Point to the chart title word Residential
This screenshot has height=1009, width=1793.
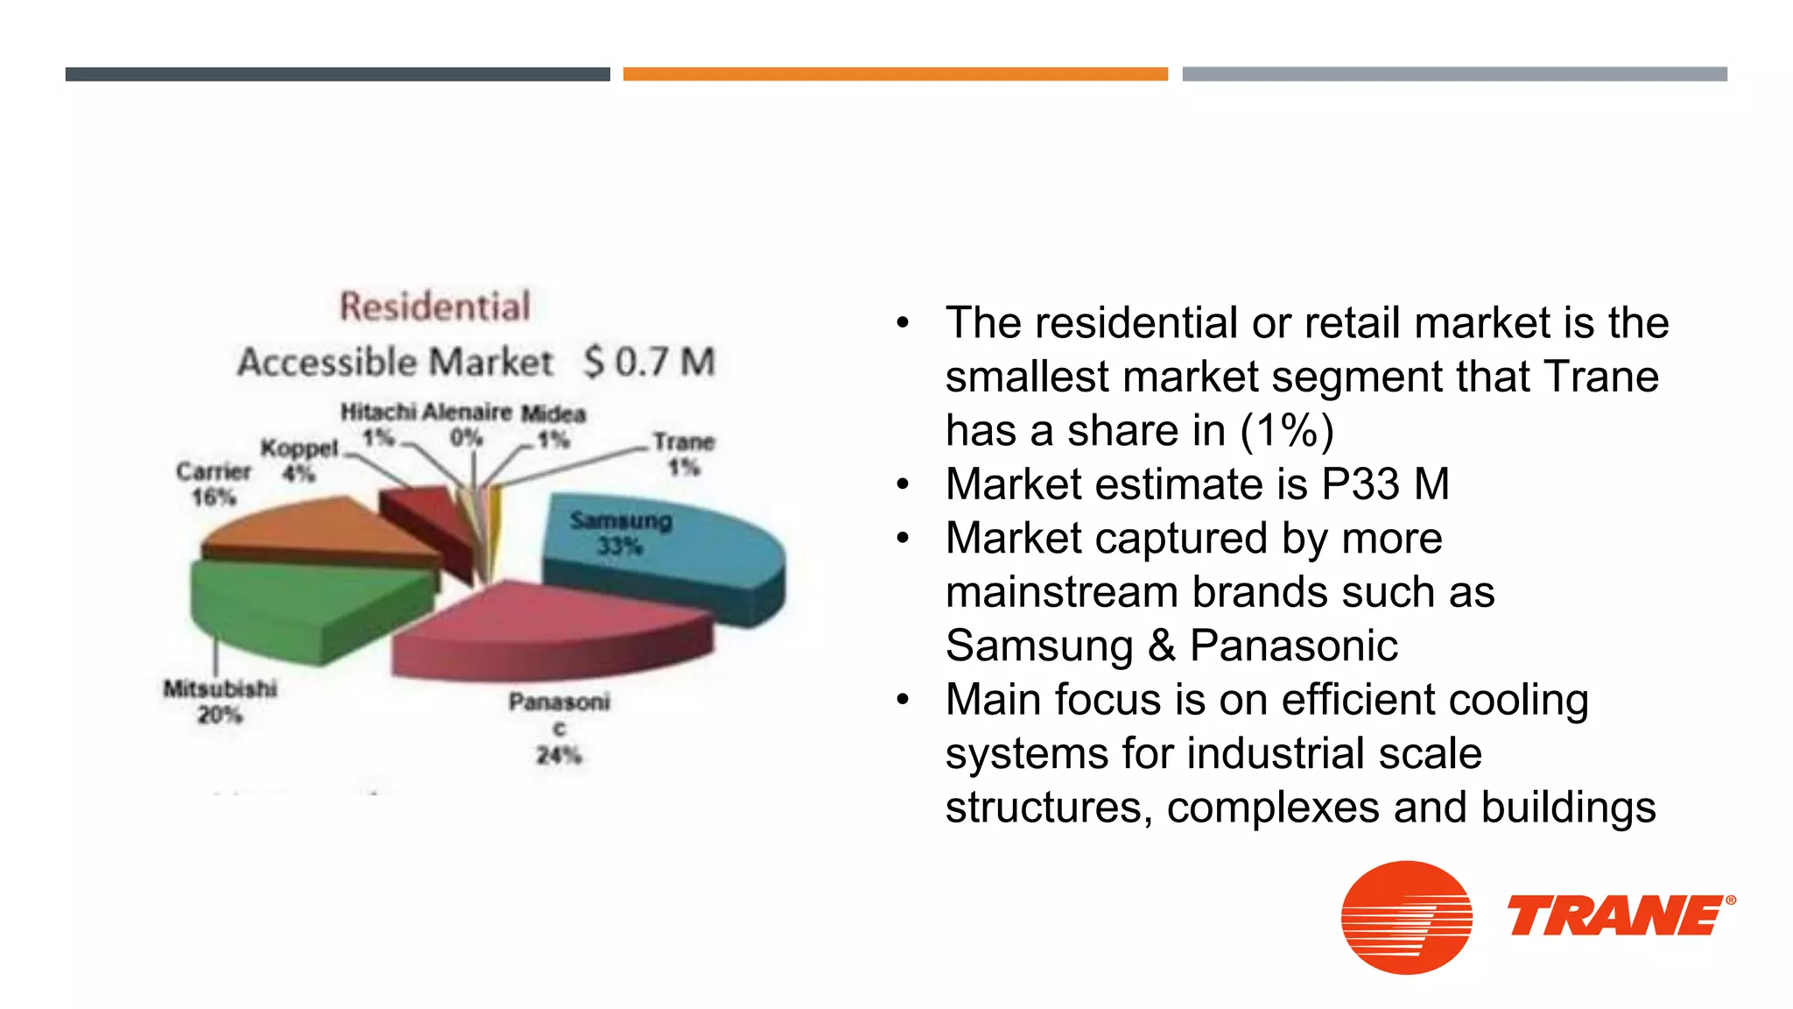click(x=435, y=307)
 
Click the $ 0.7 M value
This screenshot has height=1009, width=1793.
click(x=650, y=362)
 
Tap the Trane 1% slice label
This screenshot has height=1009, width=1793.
click(x=684, y=454)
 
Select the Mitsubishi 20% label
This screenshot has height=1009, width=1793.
click(x=220, y=702)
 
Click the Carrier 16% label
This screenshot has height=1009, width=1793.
click(x=214, y=483)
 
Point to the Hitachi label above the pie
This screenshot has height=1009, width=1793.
click(x=378, y=412)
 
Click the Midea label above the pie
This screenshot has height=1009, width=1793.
click(x=553, y=413)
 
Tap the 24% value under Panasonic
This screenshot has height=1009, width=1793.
click(x=559, y=755)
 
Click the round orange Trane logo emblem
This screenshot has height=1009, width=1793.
click(x=1406, y=917)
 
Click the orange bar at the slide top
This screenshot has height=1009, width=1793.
click(x=895, y=74)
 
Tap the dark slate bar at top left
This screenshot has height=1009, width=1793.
click(x=337, y=74)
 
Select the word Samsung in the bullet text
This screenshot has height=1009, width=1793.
click(x=1039, y=646)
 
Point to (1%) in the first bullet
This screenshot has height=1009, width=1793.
click(x=1286, y=431)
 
